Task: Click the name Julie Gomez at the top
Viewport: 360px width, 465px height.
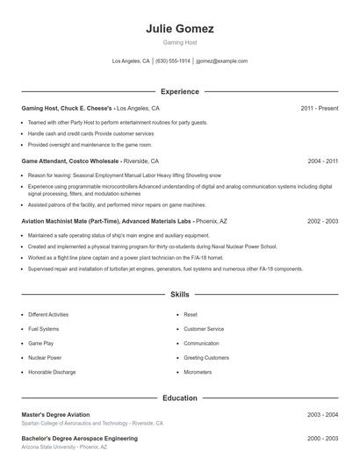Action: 179,28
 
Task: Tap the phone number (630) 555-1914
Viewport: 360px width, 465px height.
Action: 173,61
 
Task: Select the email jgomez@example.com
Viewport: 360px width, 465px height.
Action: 221,61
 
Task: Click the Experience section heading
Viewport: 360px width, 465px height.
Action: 179,91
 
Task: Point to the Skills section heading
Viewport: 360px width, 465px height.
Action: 179,295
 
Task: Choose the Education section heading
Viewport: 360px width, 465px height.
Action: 179,397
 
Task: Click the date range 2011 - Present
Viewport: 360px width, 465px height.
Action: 319,108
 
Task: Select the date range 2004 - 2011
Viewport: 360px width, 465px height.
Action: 322,161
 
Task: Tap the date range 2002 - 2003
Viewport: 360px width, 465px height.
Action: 322,221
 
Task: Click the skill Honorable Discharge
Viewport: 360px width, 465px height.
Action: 52,372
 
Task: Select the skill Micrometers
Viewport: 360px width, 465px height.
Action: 198,372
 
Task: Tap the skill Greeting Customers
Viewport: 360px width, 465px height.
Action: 206,358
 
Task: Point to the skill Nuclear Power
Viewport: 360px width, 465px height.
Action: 45,358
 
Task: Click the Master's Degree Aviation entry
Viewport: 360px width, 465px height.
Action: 55,414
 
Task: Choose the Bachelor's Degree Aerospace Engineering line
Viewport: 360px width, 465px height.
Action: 79,438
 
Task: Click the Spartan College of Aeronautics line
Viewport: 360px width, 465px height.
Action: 91,423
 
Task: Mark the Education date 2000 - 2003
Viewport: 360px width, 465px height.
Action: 322,438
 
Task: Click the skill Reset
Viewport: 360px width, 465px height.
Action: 191,314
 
